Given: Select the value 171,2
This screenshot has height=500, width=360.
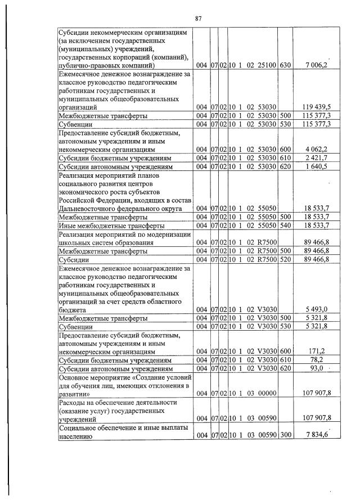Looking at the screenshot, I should [321, 352].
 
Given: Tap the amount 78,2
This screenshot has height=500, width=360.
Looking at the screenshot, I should [322, 360].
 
